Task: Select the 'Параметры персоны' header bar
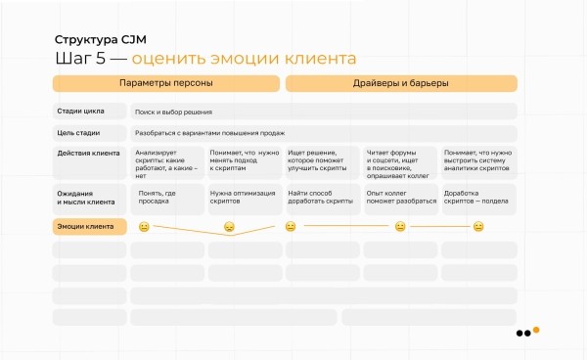click(x=165, y=83)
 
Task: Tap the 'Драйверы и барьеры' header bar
click(x=401, y=83)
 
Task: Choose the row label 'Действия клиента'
click(x=88, y=153)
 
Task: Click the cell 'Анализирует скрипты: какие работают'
click(x=167, y=163)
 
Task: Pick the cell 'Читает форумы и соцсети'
click(x=400, y=163)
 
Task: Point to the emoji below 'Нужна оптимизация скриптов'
click(x=229, y=227)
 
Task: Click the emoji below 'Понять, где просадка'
click(x=143, y=227)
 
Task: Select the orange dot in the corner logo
click(x=536, y=330)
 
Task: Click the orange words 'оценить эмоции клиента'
click(x=244, y=59)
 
